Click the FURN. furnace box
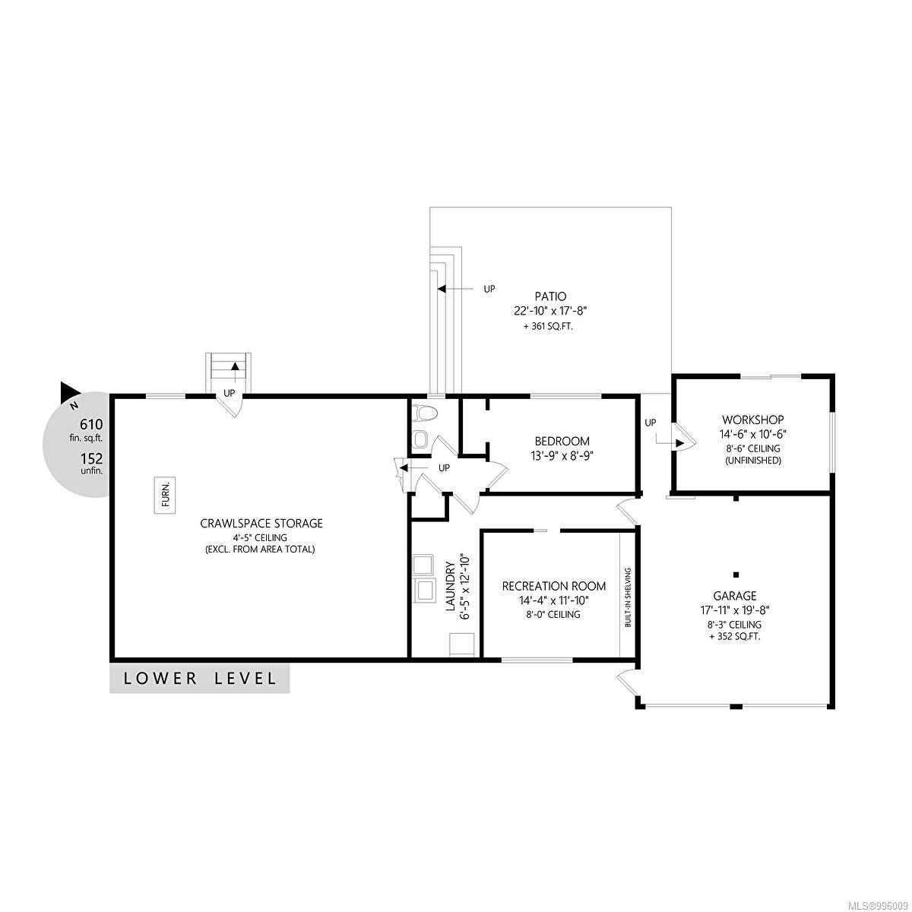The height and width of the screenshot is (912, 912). click(x=165, y=495)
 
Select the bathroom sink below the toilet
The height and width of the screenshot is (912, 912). click(x=420, y=439)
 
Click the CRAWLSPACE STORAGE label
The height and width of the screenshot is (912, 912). click(x=261, y=523)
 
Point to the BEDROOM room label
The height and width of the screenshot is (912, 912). click(x=562, y=441)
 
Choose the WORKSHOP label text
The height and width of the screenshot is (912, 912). click(x=752, y=420)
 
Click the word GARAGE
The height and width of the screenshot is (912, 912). click(x=735, y=595)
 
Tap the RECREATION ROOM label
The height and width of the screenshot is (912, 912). click(x=554, y=586)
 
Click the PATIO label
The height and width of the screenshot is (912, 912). click(x=550, y=296)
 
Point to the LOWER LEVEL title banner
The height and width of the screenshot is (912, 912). click(x=199, y=678)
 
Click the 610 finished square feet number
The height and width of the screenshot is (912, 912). click(x=91, y=423)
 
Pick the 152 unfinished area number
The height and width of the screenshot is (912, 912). click(x=91, y=458)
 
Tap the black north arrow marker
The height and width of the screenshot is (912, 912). click(x=71, y=391)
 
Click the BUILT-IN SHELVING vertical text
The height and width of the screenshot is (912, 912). click(x=628, y=597)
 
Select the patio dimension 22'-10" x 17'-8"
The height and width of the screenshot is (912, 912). click(x=550, y=311)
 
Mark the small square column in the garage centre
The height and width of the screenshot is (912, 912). click(x=736, y=575)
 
